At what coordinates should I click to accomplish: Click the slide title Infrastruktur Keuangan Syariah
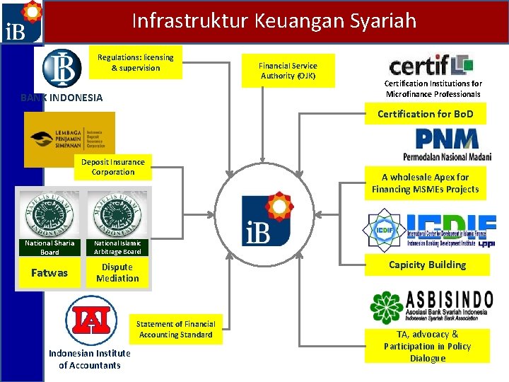tap(274, 21)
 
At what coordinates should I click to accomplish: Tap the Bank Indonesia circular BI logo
tap(62, 68)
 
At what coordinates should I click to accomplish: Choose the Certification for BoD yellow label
tap(425, 114)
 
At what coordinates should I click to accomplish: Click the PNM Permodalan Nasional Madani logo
tap(445, 145)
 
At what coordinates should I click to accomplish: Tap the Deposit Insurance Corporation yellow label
tap(112, 167)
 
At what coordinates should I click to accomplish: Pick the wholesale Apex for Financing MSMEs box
tap(425, 183)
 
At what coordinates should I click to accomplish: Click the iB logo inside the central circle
tap(267, 217)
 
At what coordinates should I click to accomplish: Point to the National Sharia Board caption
tap(49, 248)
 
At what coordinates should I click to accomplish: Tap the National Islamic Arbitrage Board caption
tap(117, 248)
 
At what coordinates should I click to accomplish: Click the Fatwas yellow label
tap(49, 272)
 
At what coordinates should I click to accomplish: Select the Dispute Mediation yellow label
tap(117, 272)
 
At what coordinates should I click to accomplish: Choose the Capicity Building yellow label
tap(427, 265)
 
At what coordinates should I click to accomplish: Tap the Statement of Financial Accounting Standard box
tap(175, 329)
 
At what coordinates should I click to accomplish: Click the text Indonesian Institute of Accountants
tap(89, 359)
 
